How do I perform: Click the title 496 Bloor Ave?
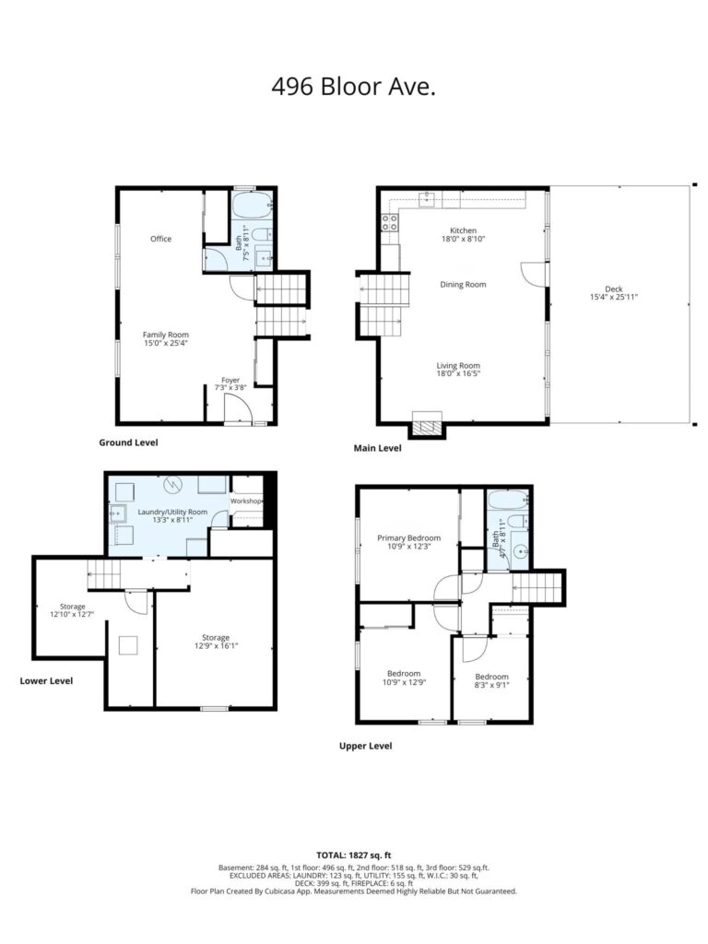(353, 88)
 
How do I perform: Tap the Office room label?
(160, 239)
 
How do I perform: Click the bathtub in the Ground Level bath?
(253, 206)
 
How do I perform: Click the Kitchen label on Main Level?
(463, 230)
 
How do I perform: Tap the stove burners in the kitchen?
(390, 222)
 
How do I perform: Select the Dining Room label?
(463, 285)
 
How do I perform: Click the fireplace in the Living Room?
(427, 425)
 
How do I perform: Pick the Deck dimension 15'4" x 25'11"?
(613, 297)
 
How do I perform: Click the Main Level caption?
(377, 448)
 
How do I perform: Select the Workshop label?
(246, 501)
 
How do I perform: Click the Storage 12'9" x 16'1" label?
(216, 642)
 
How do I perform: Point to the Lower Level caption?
(46, 681)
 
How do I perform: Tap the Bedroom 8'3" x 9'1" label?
(492, 681)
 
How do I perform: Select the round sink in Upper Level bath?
(520, 549)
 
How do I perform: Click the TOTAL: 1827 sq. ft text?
(354, 855)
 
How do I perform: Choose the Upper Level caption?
(365, 746)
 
